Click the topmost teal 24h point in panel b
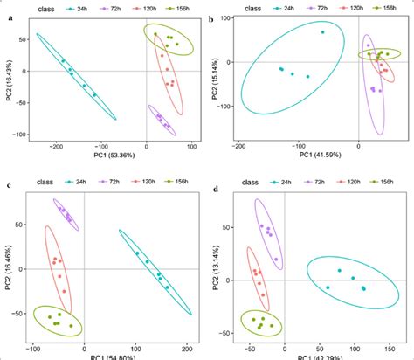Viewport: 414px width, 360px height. click(x=321, y=32)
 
